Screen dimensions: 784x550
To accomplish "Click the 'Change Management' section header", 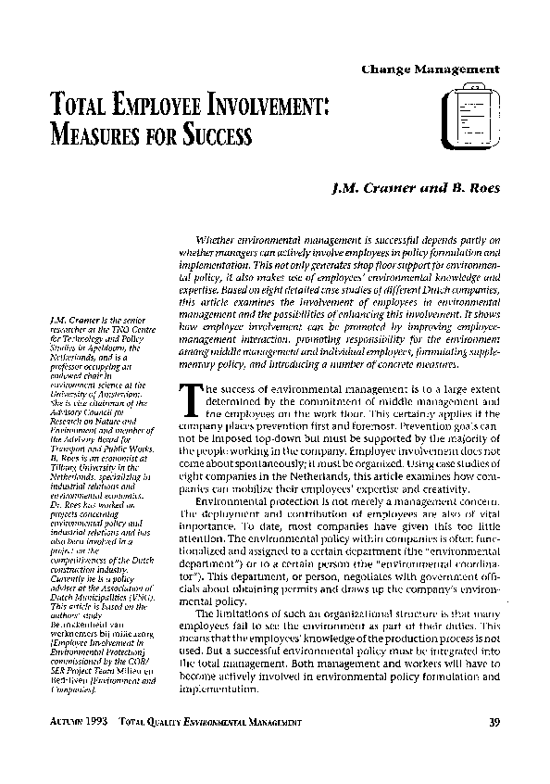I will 431,70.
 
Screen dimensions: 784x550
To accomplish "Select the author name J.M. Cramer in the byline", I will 369,188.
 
